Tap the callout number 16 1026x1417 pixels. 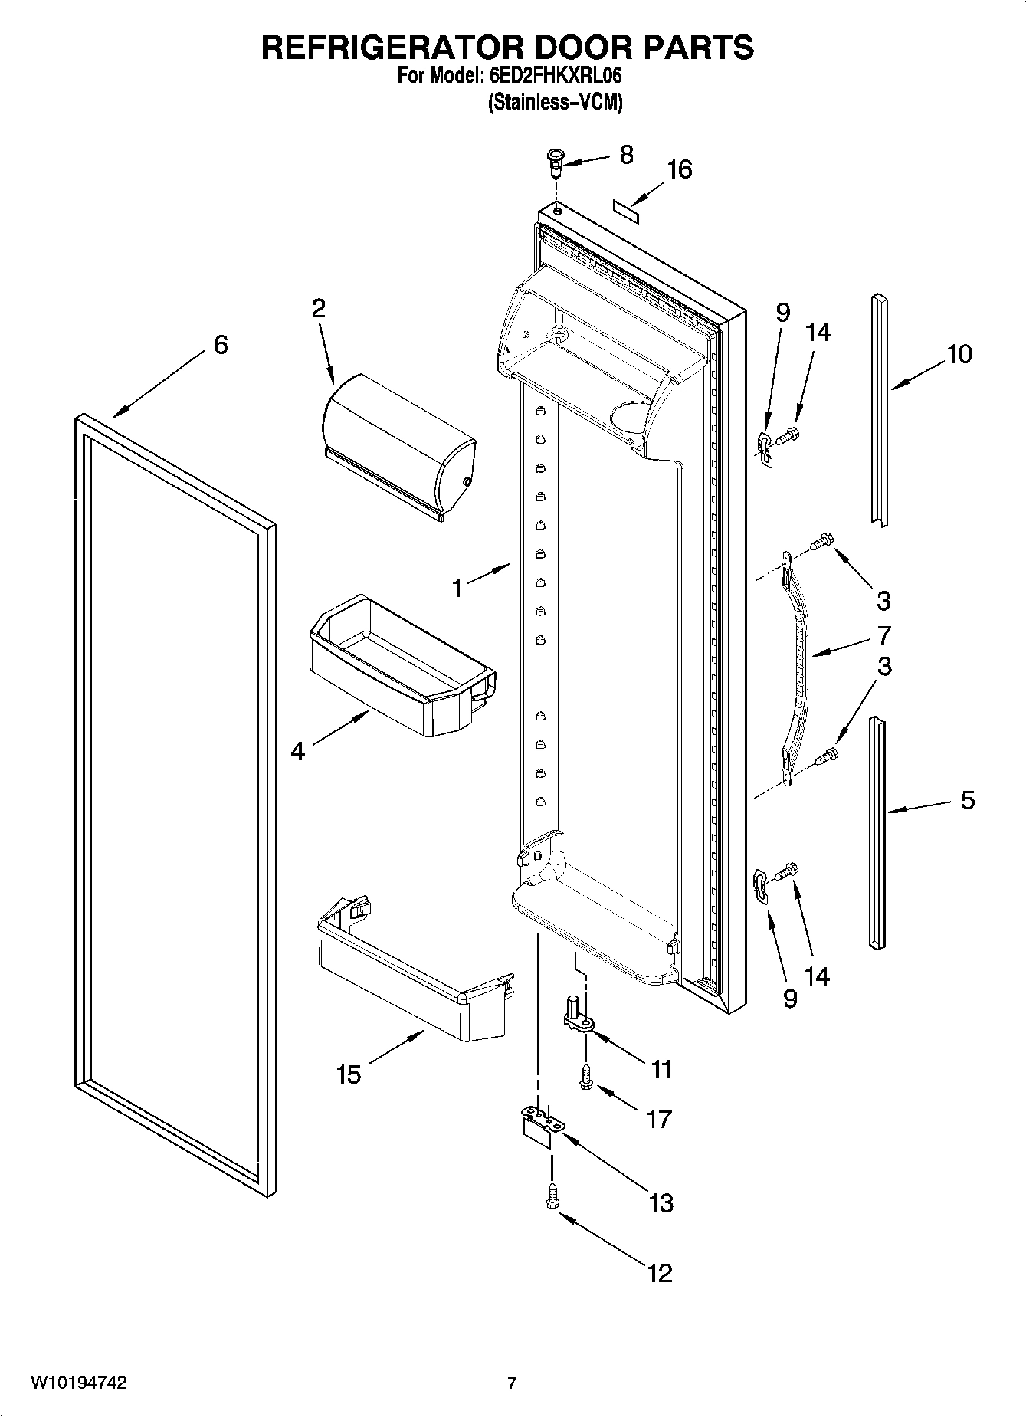coord(679,170)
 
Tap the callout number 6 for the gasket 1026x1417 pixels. coord(221,345)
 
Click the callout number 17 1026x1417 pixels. coord(659,1119)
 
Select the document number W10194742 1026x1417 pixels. coord(78,1383)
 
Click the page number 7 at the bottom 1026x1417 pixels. coord(512,1383)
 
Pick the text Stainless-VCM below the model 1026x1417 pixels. coord(555,102)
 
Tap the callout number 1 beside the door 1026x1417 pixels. coord(457,589)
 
